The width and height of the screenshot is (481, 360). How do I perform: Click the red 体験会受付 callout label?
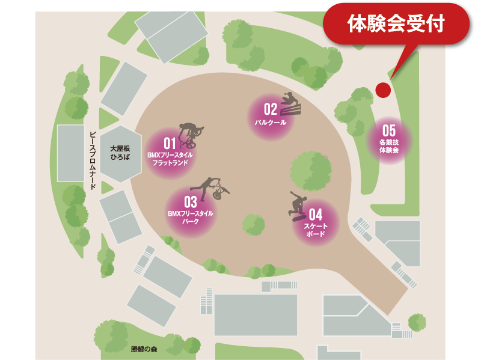[396, 23]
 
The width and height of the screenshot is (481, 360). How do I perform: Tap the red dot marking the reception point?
[383, 90]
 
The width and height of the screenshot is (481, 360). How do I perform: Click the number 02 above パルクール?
[270, 109]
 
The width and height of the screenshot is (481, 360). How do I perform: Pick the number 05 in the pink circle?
[389, 130]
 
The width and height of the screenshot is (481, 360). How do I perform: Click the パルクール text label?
[270, 122]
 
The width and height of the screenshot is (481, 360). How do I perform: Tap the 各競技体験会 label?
[389, 146]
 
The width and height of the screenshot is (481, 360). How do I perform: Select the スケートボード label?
[316, 230]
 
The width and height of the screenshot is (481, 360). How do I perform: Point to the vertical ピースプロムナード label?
[93, 160]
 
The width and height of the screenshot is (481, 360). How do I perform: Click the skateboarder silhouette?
[298, 206]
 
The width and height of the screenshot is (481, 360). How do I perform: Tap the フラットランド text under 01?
[170, 162]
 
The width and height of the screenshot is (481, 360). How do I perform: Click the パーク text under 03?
[191, 221]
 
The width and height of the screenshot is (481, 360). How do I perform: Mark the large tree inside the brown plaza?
[311, 171]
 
